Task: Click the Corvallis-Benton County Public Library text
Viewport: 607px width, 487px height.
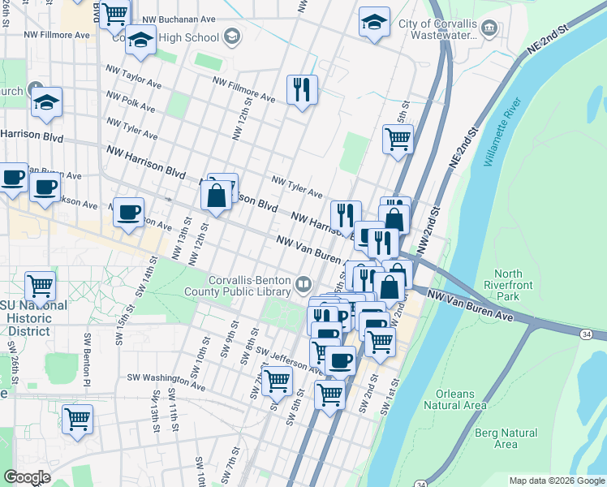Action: click(249, 286)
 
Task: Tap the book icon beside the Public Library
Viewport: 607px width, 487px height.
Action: click(303, 283)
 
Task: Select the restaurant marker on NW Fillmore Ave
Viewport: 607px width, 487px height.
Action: click(302, 89)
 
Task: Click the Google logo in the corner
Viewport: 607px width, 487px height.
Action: click(27, 477)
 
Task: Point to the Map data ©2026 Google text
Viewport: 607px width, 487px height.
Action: click(556, 481)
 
